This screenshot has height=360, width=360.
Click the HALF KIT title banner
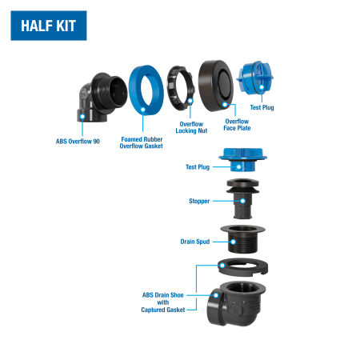[x=49, y=26]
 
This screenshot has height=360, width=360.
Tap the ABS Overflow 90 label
[x=78, y=142]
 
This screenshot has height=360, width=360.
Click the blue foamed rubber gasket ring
[x=146, y=90]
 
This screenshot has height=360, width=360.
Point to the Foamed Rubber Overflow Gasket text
[x=142, y=142]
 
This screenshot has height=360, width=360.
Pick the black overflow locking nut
[x=181, y=88]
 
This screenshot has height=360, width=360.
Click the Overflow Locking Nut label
[x=191, y=127]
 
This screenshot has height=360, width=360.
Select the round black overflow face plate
[x=216, y=86]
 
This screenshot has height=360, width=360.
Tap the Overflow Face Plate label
[x=237, y=125]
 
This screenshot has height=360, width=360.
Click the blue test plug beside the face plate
[x=254, y=77]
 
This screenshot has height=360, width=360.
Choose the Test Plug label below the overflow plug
[x=262, y=107]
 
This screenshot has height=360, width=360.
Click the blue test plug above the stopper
[x=242, y=159]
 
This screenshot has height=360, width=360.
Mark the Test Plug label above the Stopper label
[x=198, y=167]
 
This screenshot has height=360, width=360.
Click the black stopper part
[x=242, y=198]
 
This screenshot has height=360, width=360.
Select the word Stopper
[x=199, y=201]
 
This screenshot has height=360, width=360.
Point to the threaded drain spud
[x=242, y=239]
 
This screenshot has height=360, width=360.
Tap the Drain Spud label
[x=195, y=242]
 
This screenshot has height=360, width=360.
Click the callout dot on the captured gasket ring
[x=222, y=266]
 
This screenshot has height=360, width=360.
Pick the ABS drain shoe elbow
[x=236, y=304]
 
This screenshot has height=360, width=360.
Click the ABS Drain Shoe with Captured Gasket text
[x=163, y=302]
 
